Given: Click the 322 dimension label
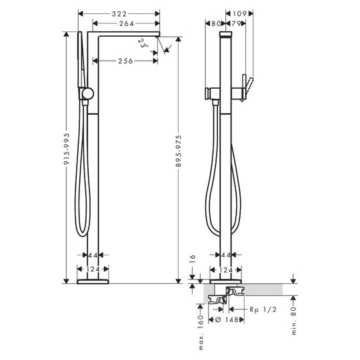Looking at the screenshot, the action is [119, 14].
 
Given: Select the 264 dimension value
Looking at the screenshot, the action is [127, 23].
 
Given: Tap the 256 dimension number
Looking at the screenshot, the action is [125, 61].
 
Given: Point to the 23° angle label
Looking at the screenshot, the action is [143, 43].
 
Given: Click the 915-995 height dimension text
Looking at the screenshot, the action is [67, 149].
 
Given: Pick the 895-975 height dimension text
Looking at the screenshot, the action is [179, 151].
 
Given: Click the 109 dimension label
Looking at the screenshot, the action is [239, 14].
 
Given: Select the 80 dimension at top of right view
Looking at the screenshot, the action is [215, 23].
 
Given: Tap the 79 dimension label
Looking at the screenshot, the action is [235, 23].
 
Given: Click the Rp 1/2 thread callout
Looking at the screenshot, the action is [263, 310].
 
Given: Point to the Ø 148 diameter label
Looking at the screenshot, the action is [227, 319].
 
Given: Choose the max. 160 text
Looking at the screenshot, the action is [201, 333].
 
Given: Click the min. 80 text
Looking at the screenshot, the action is [294, 321].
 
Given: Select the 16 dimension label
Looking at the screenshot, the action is [193, 259].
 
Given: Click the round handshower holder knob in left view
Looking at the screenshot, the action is [88, 94].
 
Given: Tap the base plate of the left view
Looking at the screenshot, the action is [93, 281].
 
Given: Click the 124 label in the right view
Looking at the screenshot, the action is [226, 270].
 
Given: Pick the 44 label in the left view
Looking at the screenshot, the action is [93, 255].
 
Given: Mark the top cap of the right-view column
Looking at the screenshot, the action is [226, 34].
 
